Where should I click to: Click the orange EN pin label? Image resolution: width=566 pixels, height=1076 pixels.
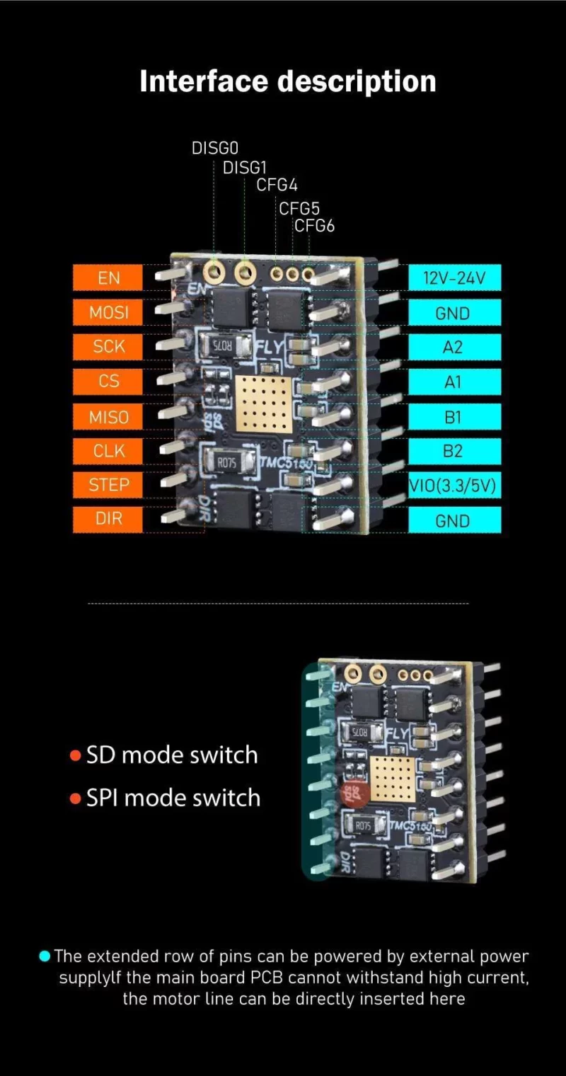coord(108,278)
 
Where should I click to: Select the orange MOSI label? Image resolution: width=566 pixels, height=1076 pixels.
coord(108,312)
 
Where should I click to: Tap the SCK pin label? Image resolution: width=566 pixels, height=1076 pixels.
coord(108,347)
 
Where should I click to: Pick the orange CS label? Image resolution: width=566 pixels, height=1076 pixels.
coord(108,382)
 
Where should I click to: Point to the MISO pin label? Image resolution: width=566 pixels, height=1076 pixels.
coord(108,417)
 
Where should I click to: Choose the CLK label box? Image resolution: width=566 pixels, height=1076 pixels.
coord(108,451)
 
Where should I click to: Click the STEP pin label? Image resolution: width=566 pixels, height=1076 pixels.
coord(108,485)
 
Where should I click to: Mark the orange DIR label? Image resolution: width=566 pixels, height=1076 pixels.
coord(108,519)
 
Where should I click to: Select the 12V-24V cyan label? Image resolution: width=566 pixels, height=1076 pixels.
coord(454,278)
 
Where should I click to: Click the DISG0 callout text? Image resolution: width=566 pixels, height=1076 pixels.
coord(215,148)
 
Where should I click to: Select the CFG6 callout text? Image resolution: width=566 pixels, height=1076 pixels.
coord(314,227)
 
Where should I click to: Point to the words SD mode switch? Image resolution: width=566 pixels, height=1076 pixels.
coord(172,755)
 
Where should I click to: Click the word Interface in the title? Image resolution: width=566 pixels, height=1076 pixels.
coord(204,81)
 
